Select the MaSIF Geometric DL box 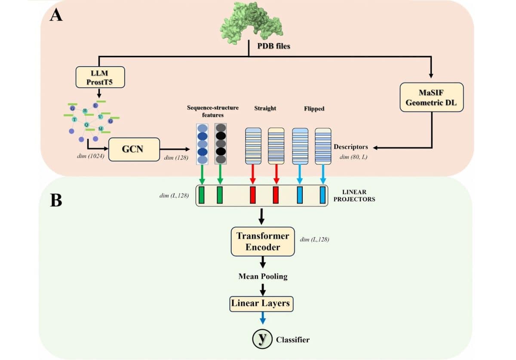coord(432,97)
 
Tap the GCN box coord(134,149)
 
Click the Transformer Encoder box coord(263,241)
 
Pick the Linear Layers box coord(261,304)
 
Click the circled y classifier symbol coord(262,339)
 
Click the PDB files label coord(273,46)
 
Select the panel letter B coord(56,200)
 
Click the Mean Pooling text coord(263,276)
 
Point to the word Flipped coord(314,109)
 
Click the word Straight coord(265,108)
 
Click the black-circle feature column coord(220,144)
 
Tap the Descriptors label coord(351,147)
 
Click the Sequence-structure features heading coord(212,111)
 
